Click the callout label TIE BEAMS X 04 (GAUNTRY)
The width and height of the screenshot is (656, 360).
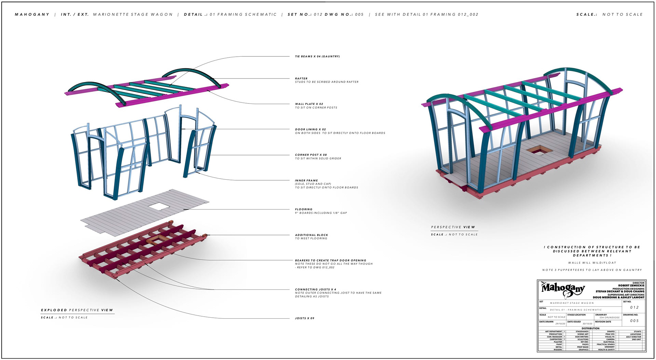[x=317, y=56]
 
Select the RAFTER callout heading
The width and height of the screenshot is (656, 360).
[x=301, y=79]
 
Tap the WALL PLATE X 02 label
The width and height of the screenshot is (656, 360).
[x=309, y=104]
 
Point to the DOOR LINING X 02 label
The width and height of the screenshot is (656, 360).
[x=310, y=129]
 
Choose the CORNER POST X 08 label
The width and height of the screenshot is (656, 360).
[x=311, y=155]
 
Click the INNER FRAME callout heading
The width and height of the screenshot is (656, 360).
[x=306, y=180]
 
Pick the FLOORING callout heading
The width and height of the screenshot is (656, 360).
[x=303, y=209]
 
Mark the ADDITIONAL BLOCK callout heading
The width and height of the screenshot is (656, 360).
[x=311, y=235]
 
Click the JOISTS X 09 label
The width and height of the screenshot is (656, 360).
[x=304, y=318]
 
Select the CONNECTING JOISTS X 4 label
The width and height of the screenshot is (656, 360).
[x=315, y=289]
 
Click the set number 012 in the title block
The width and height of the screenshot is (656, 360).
[x=634, y=307]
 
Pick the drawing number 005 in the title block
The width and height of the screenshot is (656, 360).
[x=634, y=321]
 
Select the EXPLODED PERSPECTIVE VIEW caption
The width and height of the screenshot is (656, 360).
[x=77, y=310]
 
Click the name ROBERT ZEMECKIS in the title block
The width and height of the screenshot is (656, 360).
[x=631, y=286]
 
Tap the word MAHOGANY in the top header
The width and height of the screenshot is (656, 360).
[x=32, y=14]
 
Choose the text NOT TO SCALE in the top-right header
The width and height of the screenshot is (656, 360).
[x=622, y=14]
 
